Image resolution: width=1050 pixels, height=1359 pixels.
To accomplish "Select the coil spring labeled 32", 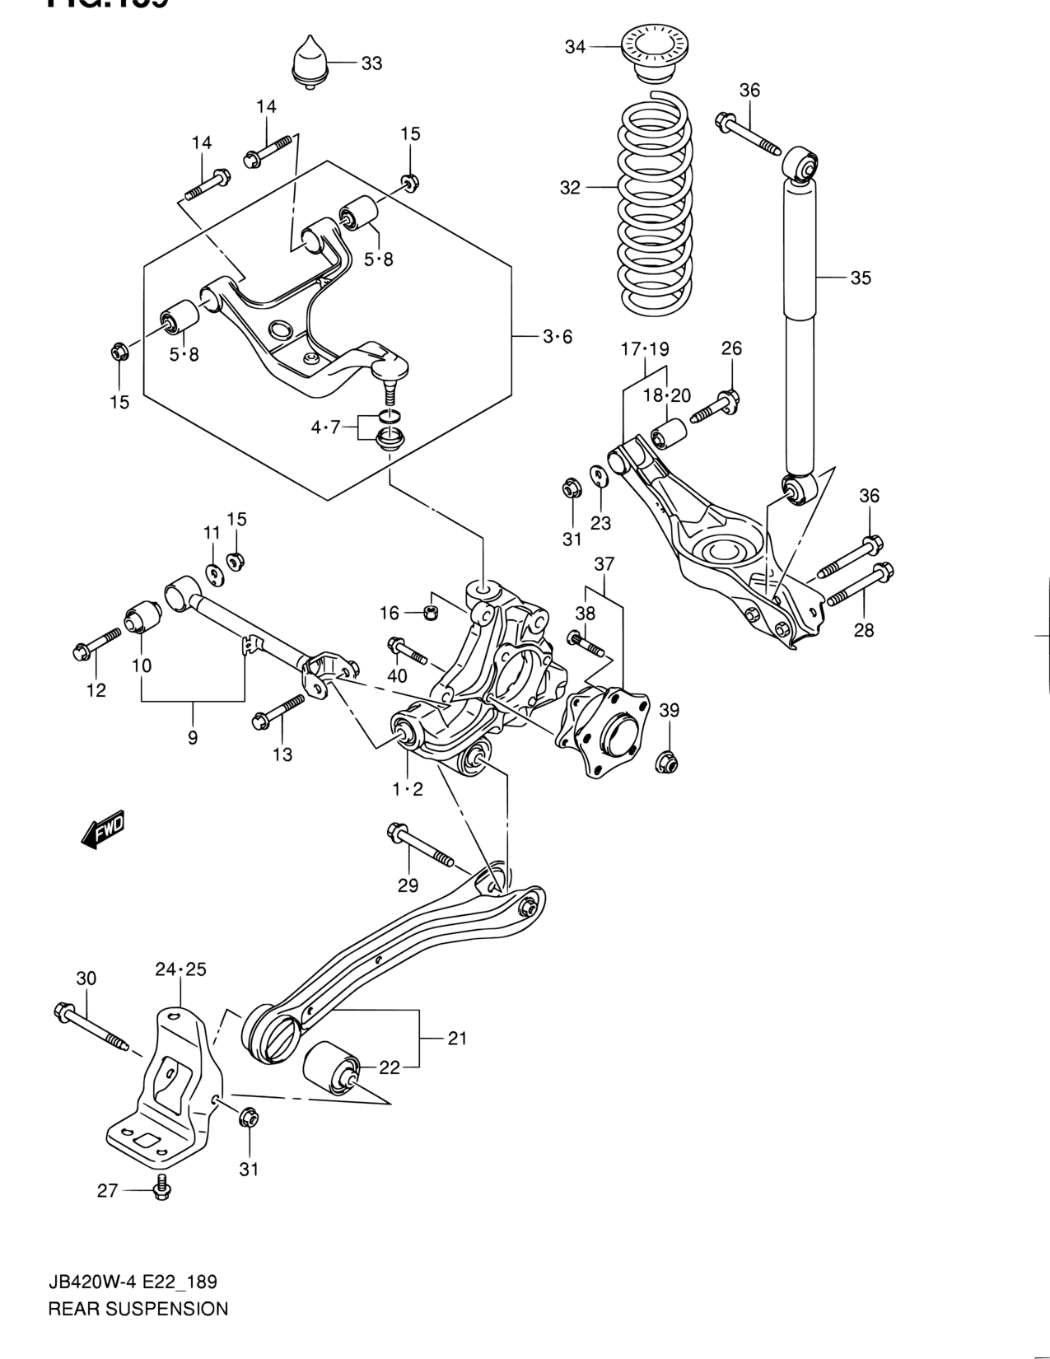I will click(x=656, y=206).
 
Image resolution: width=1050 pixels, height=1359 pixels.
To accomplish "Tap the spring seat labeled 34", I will click(x=656, y=53).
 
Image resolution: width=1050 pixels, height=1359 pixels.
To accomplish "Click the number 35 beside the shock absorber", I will click(x=861, y=278).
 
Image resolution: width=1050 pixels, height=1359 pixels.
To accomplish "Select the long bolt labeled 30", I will click(x=90, y=1025).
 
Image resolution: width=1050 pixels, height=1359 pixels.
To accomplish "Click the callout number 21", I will click(x=457, y=1038).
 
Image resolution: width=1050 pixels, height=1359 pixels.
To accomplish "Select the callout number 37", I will click(x=604, y=564).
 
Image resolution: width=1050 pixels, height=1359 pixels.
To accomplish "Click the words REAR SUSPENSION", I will click(x=138, y=1308).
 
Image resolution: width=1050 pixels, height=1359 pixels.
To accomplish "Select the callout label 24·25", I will click(x=180, y=969).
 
